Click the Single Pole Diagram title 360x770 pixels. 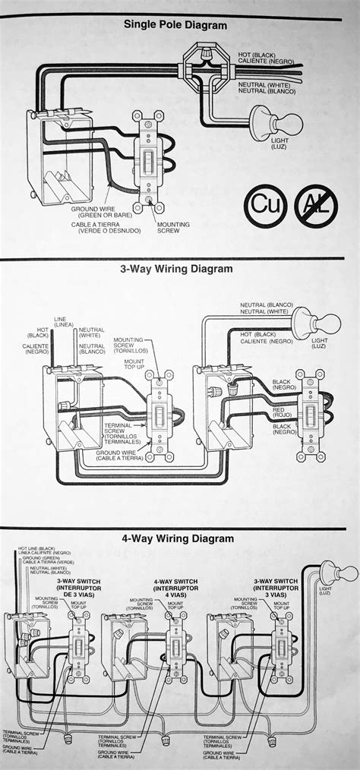tap(175, 24)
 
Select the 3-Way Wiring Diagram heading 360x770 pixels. tap(175, 268)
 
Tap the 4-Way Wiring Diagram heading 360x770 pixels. tap(177, 538)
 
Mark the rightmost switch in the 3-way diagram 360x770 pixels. tap(311, 414)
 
